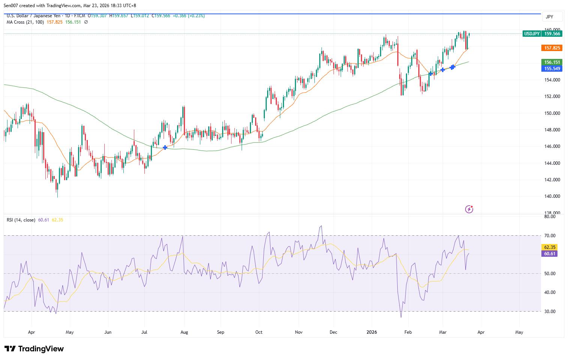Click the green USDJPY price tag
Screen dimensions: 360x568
coord(531,34)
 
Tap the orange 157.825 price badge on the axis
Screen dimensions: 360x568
coord(552,48)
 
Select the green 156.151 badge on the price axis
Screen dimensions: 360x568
coord(552,62)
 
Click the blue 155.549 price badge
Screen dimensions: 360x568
coord(552,69)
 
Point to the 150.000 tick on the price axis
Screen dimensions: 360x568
coord(552,113)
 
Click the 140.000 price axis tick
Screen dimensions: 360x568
coord(552,196)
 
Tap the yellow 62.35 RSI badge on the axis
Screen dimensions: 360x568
coord(550,247)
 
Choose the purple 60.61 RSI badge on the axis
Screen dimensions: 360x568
coord(550,254)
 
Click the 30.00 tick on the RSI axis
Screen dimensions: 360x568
coord(550,311)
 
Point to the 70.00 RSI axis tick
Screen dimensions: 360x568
coord(550,236)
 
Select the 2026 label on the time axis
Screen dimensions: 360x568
coord(372,332)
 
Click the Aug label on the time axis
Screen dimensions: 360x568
coord(184,332)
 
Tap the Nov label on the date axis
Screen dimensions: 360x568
coord(299,332)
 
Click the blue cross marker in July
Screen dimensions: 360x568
coord(165,148)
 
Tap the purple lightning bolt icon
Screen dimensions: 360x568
coord(469,209)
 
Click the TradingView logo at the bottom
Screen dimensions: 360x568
coord(34,349)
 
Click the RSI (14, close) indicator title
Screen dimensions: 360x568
coord(21,220)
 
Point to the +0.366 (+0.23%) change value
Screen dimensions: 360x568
coord(189,16)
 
